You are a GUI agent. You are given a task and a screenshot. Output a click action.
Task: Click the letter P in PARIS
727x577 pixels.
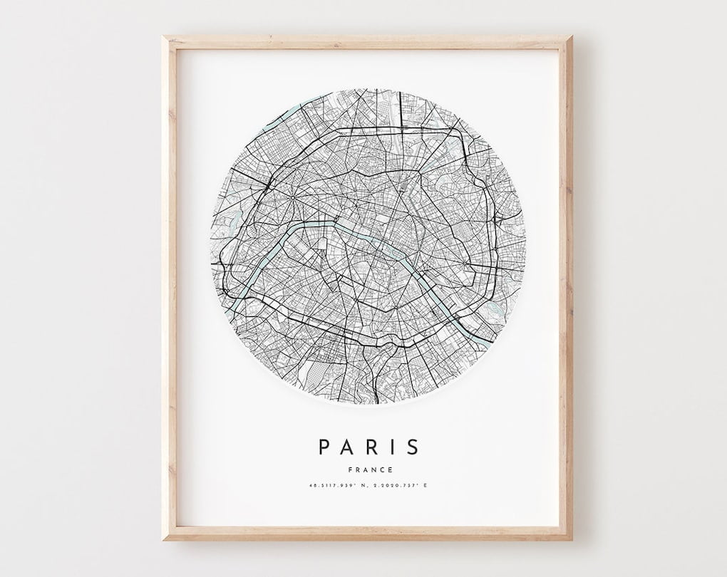tap(324, 447)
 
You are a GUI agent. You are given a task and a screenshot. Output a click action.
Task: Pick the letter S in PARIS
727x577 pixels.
tap(412, 447)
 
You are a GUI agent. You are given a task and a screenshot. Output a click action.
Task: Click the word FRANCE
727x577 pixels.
tap(368, 469)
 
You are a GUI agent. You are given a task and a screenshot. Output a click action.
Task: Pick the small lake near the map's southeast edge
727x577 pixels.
tap(494, 308)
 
